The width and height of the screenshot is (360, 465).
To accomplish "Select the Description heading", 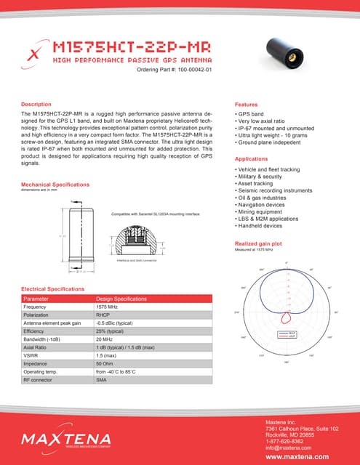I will pyautogui.click(x=36, y=105).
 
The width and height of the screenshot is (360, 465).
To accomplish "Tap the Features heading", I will pyautogui.click(x=247, y=105).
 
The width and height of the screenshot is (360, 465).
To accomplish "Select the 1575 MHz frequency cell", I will pyautogui.click(x=108, y=307).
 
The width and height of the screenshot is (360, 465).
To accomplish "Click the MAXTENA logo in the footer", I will pyautogui.click(x=65, y=438).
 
